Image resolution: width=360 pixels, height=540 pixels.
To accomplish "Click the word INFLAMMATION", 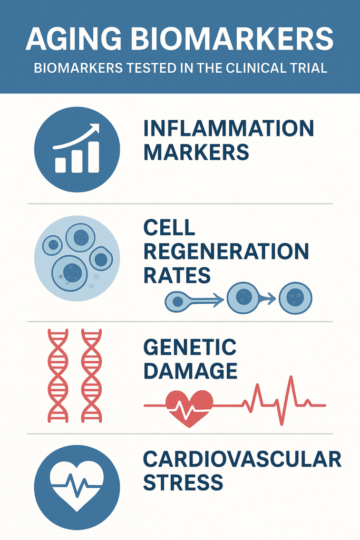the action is pyautogui.click(x=229, y=128).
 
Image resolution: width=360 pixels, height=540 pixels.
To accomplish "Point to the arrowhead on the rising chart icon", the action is pyautogui.click(x=95, y=128).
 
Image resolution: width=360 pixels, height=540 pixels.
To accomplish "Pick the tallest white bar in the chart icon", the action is pyautogui.click(x=94, y=157).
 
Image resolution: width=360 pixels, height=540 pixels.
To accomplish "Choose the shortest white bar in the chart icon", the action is pyautogui.click(x=60, y=165).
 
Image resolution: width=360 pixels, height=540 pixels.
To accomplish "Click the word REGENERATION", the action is pyautogui.click(x=226, y=251).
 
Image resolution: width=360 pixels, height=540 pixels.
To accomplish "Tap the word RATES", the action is pyautogui.click(x=177, y=275).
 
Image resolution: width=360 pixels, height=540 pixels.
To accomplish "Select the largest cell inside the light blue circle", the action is pyautogui.click(x=70, y=273).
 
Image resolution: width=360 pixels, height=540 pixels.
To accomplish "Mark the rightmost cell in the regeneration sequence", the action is pyautogui.click(x=295, y=298).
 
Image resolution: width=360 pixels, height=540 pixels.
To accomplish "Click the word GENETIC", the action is pyautogui.click(x=190, y=347).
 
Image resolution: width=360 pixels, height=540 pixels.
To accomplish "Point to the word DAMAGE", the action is pyautogui.click(x=190, y=371).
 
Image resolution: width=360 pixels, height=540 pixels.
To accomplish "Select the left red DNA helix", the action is pyautogui.click(x=58, y=375).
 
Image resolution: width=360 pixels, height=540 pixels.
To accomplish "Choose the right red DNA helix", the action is pyautogui.click(x=92, y=375).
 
